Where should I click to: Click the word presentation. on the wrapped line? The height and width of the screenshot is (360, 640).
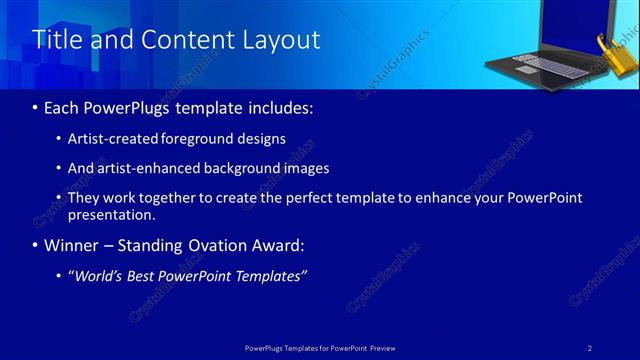tap(111, 215)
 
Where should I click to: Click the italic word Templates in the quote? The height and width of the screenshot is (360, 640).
tap(270, 275)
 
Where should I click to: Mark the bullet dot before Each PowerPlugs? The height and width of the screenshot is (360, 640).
tap(37, 107)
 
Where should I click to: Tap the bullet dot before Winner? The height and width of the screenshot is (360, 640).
tap(37, 245)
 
